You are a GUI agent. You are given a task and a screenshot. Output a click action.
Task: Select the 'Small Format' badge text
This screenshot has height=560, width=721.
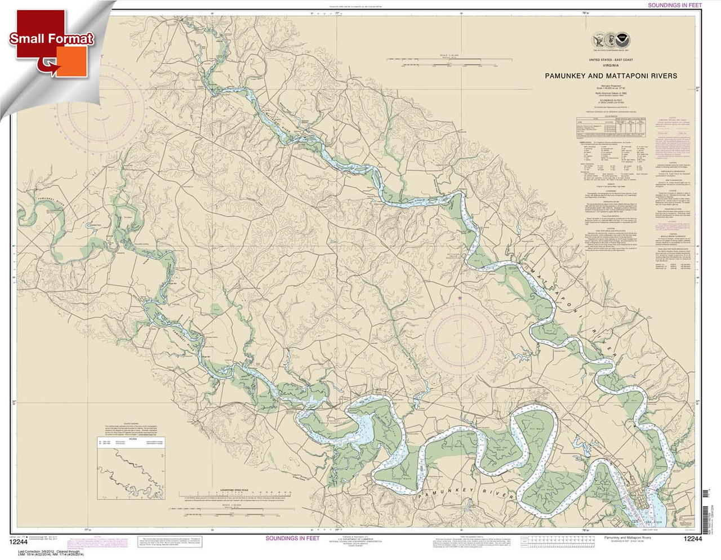pos(51,38)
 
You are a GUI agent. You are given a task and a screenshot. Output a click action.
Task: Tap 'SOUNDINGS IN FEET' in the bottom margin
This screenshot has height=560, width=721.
pos(292,539)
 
